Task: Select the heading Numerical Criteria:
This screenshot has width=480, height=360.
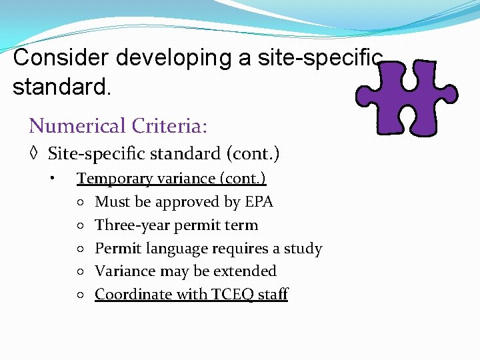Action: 118,125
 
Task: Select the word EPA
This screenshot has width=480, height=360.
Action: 259,202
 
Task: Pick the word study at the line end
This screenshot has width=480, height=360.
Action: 303,249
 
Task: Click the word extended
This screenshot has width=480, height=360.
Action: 247,271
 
